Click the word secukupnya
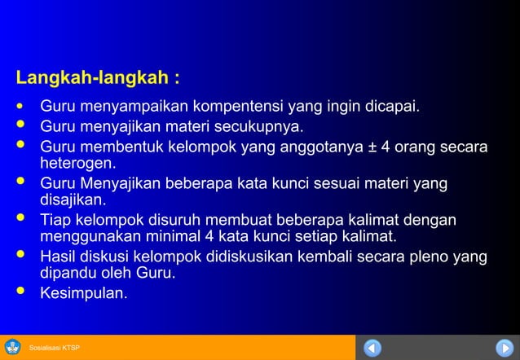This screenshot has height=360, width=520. [261, 127]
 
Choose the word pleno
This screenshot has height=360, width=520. [434, 257]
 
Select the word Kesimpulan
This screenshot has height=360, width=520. [84, 293]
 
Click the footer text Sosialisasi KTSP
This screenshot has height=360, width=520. [55, 349]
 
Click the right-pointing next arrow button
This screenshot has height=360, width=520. [505, 348]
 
